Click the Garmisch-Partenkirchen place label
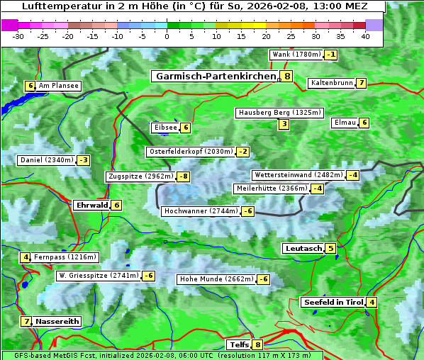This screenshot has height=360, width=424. pyautogui.click(x=215, y=77)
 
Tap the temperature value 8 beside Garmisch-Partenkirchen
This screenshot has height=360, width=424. pyautogui.click(x=286, y=77)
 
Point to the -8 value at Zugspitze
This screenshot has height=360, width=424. pyautogui.click(x=183, y=176)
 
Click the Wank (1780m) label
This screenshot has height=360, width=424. pyautogui.click(x=296, y=55)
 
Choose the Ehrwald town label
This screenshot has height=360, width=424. pyautogui.click(x=91, y=206)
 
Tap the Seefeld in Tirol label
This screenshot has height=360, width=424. pyautogui.click(x=333, y=303)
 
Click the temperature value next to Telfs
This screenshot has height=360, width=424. pyautogui.click(x=257, y=345)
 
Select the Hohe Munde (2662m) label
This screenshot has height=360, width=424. pyautogui.click(x=216, y=279)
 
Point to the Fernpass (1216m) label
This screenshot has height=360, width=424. pyautogui.click(x=66, y=257)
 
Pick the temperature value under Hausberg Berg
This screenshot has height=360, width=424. pyautogui.click(x=284, y=125)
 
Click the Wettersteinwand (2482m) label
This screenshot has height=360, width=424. pyautogui.click(x=298, y=175)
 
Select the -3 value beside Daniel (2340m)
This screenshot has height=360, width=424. pyautogui.click(x=84, y=160)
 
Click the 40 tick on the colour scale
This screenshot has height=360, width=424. pyautogui.click(x=365, y=36)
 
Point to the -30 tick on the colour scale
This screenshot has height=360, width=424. pyautogui.click(x=18, y=36)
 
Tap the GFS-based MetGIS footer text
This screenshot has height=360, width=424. pyautogui.click(x=162, y=355)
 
